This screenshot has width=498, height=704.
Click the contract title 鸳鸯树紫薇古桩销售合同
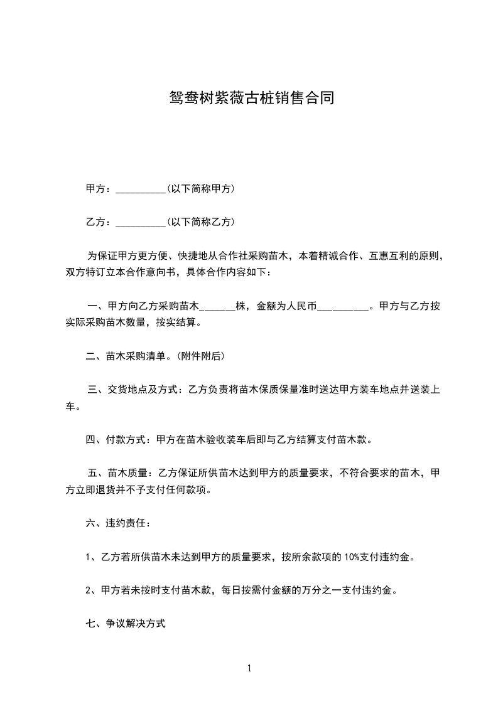coord(249,98)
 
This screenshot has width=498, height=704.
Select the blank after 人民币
coord(344,307)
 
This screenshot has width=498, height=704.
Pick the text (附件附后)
coord(200,356)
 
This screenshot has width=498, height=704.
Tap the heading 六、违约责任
coord(117,523)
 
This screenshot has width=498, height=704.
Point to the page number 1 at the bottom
coord(249,669)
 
